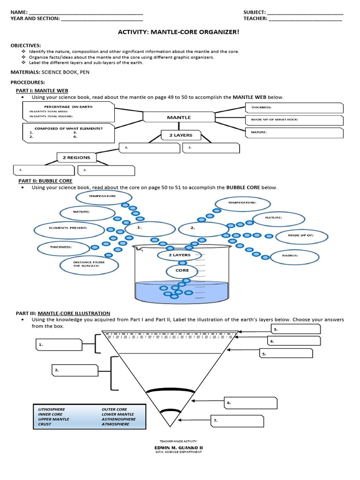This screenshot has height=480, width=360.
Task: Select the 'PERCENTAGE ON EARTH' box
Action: click(x=68, y=112)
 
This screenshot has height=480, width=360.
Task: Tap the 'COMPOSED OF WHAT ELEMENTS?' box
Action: click(x=68, y=132)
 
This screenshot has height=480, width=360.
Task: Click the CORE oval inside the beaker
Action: click(x=182, y=270)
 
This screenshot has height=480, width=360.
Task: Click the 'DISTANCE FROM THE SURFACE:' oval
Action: click(x=82, y=265)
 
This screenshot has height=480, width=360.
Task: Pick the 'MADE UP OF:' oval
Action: click(x=301, y=236)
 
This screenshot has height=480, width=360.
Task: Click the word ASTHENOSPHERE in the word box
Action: click(x=119, y=419)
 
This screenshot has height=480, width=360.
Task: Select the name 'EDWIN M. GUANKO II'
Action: click(x=179, y=447)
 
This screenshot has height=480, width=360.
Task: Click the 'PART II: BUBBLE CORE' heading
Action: click(x=45, y=180)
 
